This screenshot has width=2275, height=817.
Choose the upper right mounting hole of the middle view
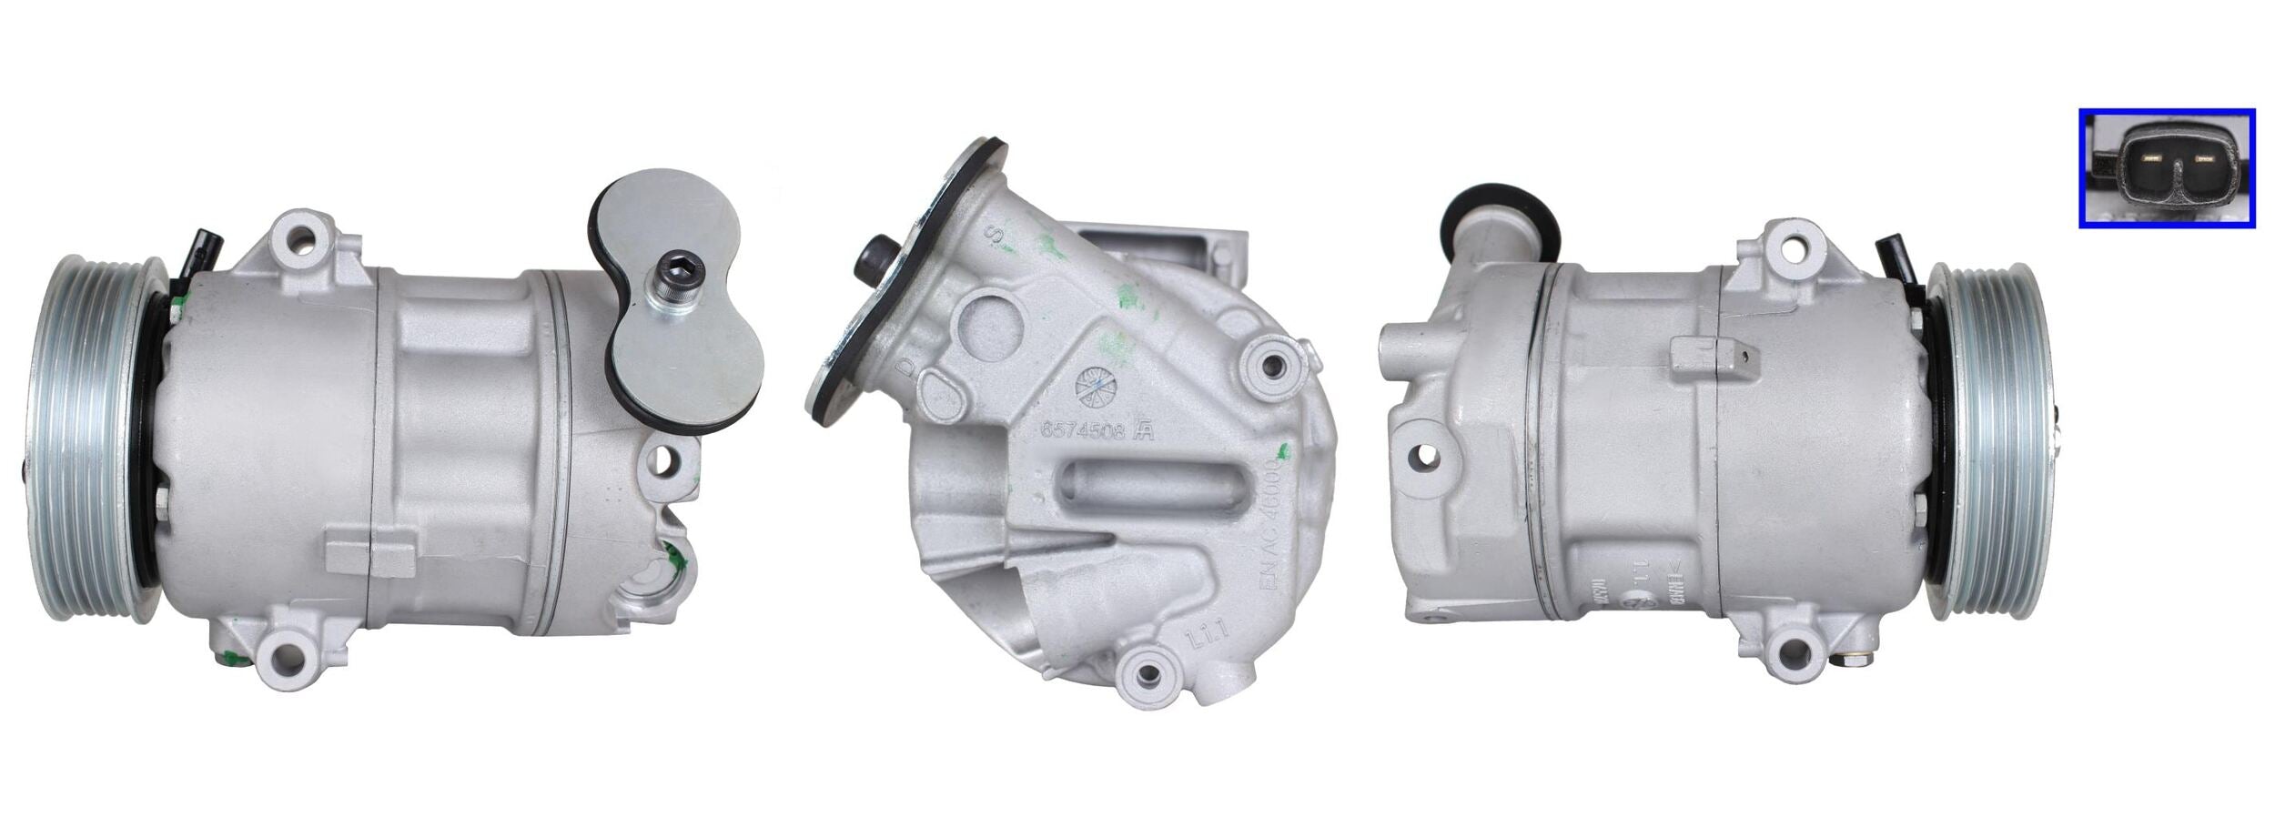click(1273, 365)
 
